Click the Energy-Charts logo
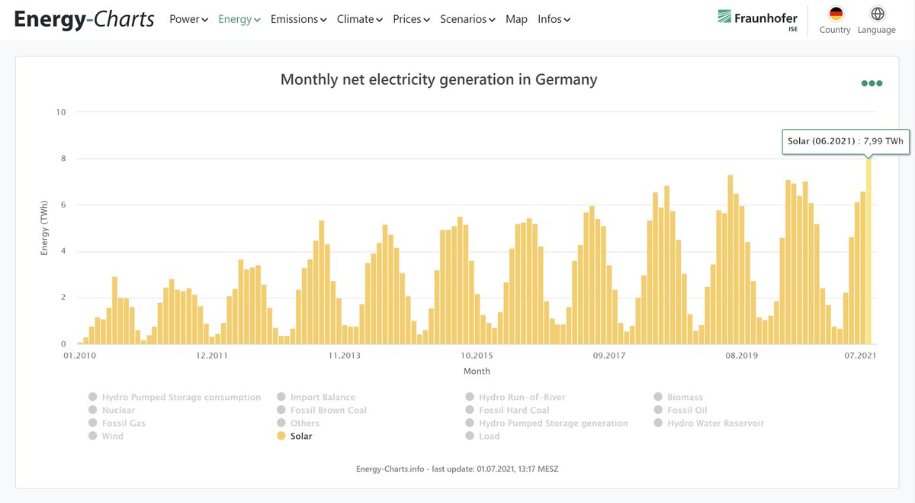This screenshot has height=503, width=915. (84, 19)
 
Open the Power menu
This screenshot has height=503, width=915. (188, 19)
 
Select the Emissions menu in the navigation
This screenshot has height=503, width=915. (298, 19)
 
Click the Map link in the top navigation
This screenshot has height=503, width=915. (516, 19)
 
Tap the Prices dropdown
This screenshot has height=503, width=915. (411, 19)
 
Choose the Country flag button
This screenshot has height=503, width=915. (836, 15)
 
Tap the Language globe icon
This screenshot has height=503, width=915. (878, 15)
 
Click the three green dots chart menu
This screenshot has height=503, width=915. (872, 83)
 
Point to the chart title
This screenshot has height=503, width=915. (438, 79)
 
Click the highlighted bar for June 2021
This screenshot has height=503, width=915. (868, 252)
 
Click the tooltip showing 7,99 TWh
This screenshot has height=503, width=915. (846, 141)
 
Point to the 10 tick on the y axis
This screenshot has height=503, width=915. (61, 112)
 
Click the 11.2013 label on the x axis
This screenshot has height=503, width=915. (345, 356)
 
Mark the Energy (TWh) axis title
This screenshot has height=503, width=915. (44, 229)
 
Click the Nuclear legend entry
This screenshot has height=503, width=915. (118, 410)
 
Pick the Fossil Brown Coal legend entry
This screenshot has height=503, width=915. (329, 410)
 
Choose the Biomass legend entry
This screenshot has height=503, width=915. (685, 397)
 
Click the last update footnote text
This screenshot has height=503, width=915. (457, 469)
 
